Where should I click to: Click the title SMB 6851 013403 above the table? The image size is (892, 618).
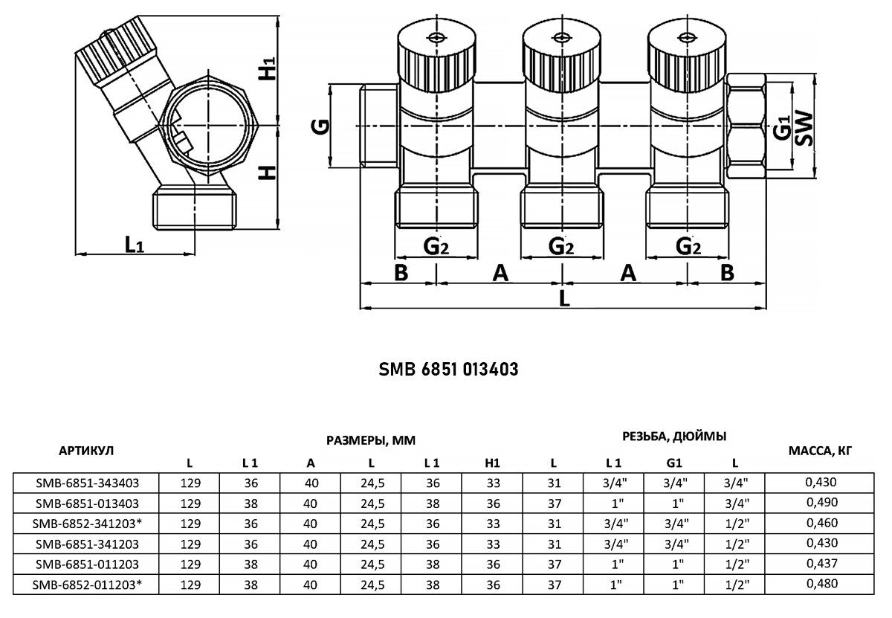pos(448,370)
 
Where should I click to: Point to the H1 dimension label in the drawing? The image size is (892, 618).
pos(267,68)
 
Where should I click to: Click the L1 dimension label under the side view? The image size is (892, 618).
pos(135,244)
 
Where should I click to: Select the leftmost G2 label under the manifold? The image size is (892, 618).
pos(436,246)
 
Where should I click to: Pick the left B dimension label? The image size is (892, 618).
pos(401,273)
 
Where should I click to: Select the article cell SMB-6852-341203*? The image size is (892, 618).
pos(87,523)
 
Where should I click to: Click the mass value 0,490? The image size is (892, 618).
pos(822,502)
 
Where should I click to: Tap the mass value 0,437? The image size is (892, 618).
pos(822,563)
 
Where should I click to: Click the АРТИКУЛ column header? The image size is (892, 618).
pos(86,451)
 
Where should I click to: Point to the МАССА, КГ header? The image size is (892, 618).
pos(821,451)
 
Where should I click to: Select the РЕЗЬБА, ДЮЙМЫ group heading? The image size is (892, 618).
pos(675,437)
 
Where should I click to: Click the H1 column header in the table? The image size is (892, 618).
pos(492,463)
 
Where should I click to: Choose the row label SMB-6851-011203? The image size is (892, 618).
pos(87,564)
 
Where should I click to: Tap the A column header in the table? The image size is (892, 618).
pos(311,463)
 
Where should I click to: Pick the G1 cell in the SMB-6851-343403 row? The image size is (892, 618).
pos(675,483)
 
